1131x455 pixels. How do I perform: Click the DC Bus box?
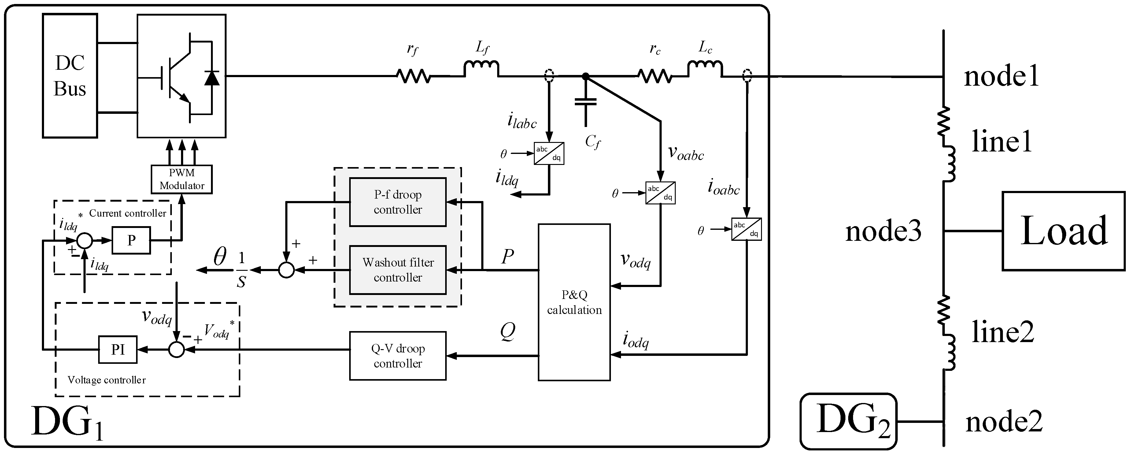tap(70, 76)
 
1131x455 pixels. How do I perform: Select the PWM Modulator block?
tap(181, 179)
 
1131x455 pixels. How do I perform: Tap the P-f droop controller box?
tap(397, 202)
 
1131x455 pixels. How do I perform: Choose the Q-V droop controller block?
tap(397, 356)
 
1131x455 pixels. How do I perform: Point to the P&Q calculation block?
tap(574, 302)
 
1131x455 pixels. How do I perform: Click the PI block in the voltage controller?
tap(118, 350)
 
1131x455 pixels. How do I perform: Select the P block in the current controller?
tap(131, 240)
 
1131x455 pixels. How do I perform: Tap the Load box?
tap(1063, 231)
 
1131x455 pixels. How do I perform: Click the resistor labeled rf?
tap(413, 76)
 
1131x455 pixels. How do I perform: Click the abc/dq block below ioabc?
tap(746, 229)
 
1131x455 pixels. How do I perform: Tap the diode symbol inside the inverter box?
tap(212, 78)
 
